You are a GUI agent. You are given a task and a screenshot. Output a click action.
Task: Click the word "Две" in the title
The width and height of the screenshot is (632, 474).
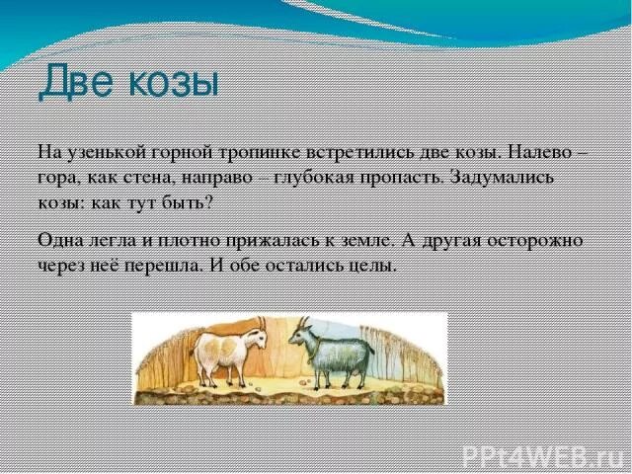[x=75, y=81]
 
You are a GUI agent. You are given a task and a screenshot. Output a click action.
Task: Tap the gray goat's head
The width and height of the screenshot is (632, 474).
[x=301, y=336]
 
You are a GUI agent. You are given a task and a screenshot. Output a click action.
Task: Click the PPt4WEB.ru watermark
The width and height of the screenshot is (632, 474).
[x=544, y=455]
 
